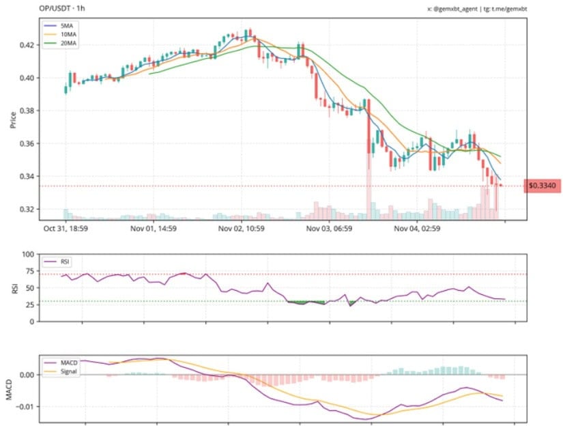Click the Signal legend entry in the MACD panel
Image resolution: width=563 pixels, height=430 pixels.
click(64, 372)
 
